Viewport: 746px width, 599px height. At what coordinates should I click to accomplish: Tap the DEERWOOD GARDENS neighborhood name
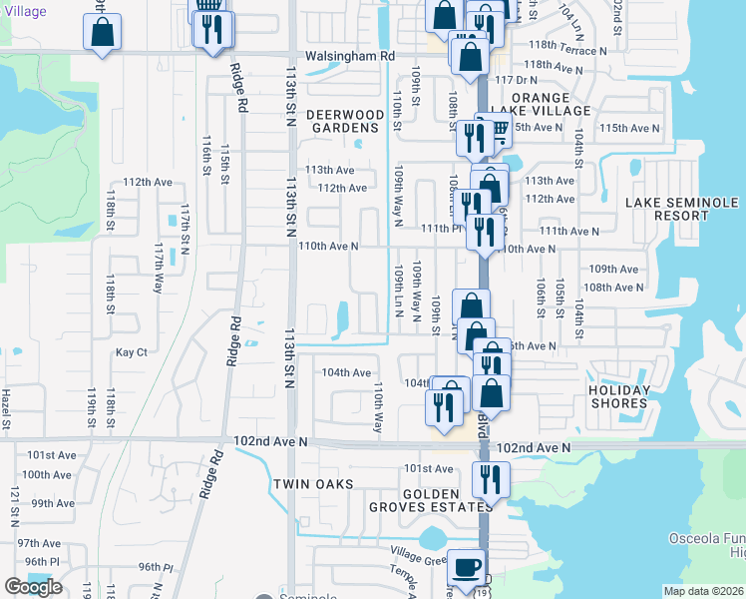tap(343, 121)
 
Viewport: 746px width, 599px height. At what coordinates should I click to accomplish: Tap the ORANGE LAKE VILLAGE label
tap(541, 104)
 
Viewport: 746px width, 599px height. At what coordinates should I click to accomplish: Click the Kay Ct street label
tap(132, 352)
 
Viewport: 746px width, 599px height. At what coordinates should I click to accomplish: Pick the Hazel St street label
tap(6, 409)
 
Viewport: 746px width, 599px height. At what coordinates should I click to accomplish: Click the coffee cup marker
tap(465, 567)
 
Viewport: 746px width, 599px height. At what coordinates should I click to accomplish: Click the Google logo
tap(33, 587)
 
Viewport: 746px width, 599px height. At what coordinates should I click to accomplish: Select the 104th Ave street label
tap(346, 372)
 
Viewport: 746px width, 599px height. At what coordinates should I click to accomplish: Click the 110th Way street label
tap(378, 406)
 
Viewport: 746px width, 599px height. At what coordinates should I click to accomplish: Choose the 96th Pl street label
tap(156, 567)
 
